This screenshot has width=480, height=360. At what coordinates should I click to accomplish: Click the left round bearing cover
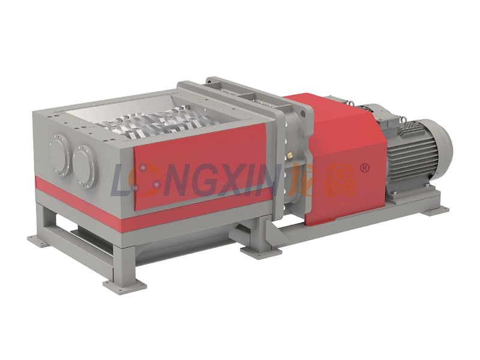pos(59,155)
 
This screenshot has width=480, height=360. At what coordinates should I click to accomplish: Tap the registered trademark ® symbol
pos(365,168)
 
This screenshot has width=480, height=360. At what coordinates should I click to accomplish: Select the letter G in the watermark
pos(209,180)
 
